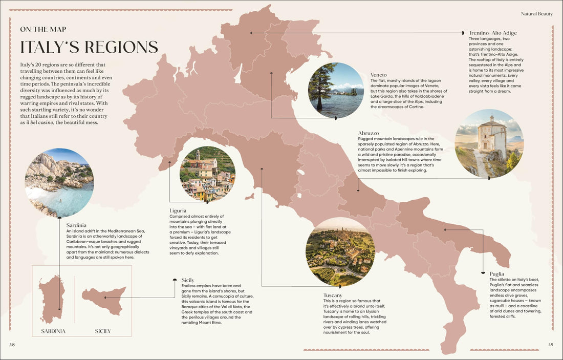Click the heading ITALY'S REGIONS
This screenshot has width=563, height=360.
coord(89,47)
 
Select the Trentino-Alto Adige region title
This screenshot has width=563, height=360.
coord(492,33)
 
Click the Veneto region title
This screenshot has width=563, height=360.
coord(378,75)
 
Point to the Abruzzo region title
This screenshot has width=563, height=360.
coord(369,133)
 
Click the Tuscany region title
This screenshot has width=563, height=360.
coord(336,295)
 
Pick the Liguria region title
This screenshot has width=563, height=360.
coord(178,210)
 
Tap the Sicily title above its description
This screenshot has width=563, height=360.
coord(188,280)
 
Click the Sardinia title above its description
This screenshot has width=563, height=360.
coord(76,225)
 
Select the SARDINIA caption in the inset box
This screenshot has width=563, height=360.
coord(53,331)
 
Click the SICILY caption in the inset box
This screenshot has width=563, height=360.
coord(103,331)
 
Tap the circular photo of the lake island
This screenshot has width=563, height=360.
coord(336,90)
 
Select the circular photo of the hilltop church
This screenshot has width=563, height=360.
coord(489,143)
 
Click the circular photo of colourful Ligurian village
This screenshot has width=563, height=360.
coord(207,174)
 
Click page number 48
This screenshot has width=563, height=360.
coord(12,344)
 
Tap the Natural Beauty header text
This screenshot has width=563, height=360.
coord(536,14)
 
